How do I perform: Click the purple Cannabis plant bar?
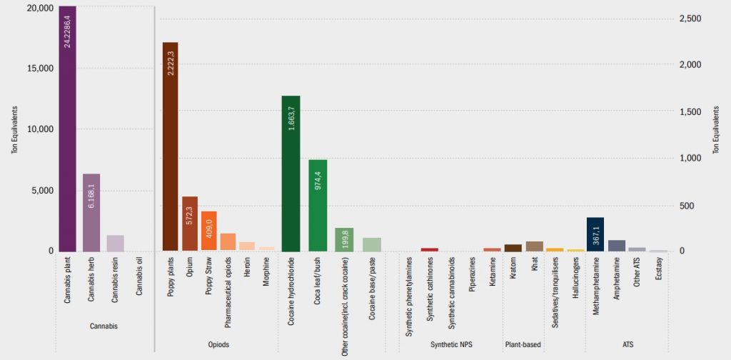(x=67, y=129)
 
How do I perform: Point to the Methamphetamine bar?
(x=595, y=234)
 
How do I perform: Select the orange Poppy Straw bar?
(x=208, y=231)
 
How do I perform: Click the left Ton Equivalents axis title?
(x=14, y=129)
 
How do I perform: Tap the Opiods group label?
(x=218, y=344)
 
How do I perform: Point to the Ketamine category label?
(x=493, y=271)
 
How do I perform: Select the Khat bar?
(x=535, y=246)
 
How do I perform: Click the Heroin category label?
(x=247, y=268)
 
